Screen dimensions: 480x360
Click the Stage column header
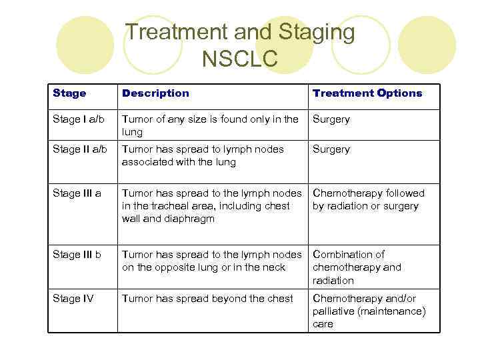coord(69,93)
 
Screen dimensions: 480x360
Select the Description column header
coord(155,93)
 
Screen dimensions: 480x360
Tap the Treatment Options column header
coord(367,93)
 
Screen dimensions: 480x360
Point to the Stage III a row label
coord(77,193)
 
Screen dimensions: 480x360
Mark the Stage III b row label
coord(77,254)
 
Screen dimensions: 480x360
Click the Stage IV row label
coord(73,298)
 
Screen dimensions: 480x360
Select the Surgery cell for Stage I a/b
coord(331,119)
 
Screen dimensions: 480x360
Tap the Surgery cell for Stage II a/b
coord(331,149)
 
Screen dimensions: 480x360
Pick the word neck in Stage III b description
coord(273,267)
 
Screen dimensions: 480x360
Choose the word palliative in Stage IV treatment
coord(333,311)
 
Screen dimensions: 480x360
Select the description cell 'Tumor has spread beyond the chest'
coord(207,298)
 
